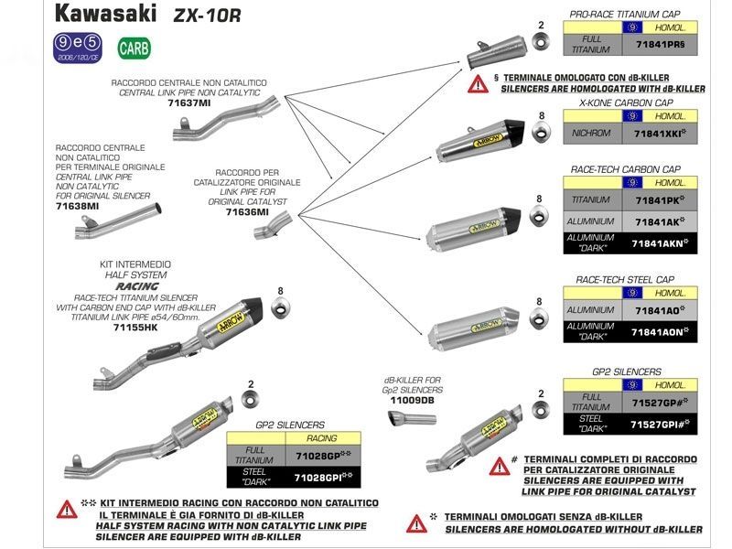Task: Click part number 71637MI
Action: click(x=188, y=103)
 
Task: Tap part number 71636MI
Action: click(x=247, y=211)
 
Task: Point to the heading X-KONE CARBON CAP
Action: click(x=626, y=103)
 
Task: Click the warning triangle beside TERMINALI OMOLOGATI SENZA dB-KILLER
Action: click(x=417, y=522)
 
